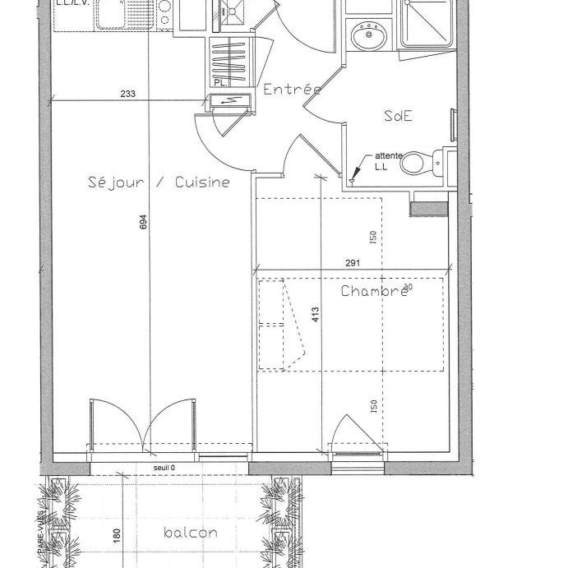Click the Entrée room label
pos(291,90)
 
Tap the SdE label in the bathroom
pos(398,116)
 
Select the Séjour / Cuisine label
pos(159,182)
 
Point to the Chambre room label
pos(374,291)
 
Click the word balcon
pos(191,533)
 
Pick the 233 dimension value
pos(127,94)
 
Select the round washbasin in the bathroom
pos(368,35)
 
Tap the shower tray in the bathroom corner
pos(426,25)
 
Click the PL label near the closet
pos(219,83)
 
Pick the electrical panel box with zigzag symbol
pos(228,100)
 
